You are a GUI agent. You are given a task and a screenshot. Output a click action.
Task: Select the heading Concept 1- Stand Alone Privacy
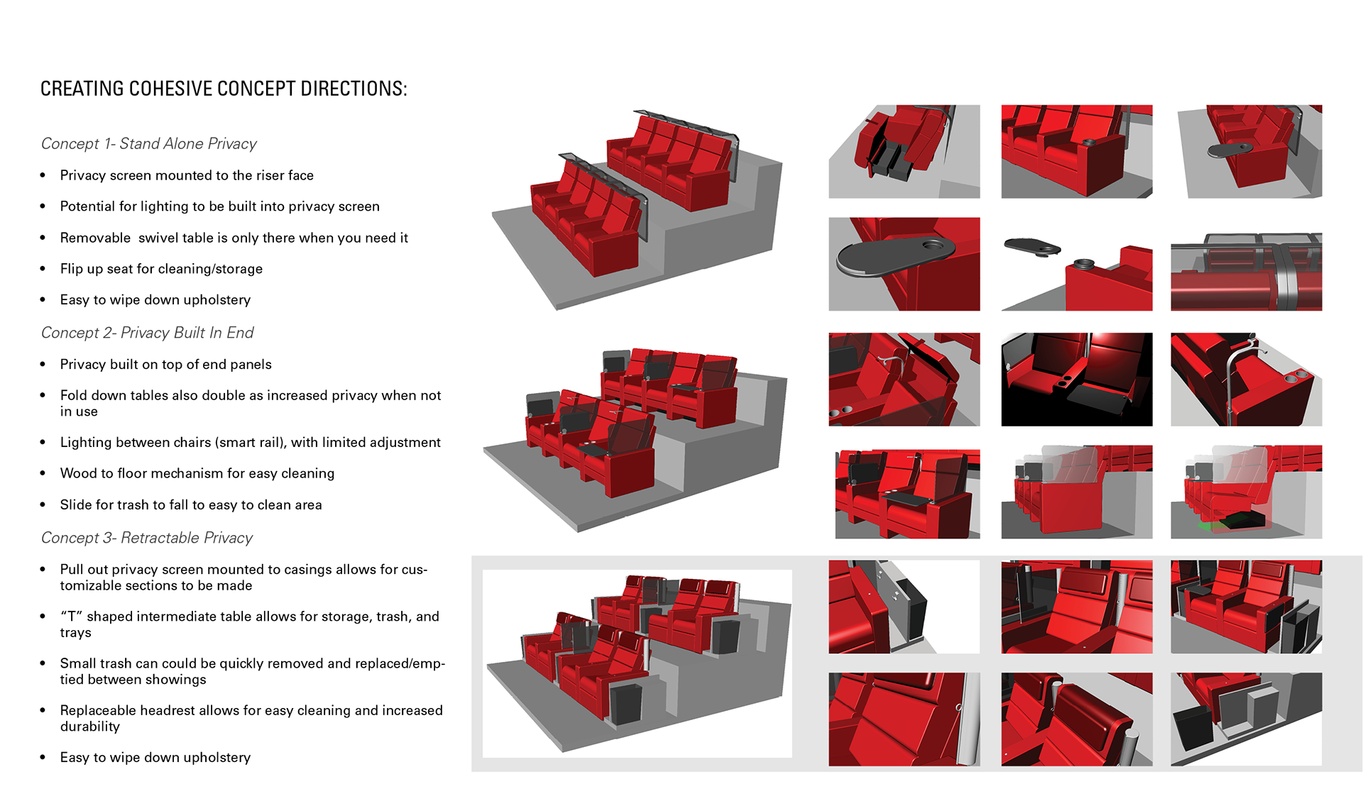pos(148,144)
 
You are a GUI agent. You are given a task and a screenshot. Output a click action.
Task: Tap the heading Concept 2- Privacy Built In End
pos(147,333)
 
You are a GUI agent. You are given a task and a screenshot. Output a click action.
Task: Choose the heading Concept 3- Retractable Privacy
pos(146,538)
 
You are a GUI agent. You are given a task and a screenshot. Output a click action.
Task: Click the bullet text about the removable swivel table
pos(234,238)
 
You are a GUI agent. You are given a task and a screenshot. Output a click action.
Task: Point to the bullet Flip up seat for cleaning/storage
pos(161,269)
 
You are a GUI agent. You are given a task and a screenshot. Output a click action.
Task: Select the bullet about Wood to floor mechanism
pos(197,473)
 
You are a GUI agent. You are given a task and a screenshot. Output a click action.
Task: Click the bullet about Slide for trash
pos(190,504)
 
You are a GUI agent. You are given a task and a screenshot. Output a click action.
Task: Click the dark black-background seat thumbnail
pos(1076,379)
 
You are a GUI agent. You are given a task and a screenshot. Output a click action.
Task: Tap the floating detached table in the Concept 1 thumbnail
pos(1032,247)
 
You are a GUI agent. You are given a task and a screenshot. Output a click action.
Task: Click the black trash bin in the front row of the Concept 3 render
pos(625,702)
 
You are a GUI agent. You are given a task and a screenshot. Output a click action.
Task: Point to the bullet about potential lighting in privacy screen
pos(219,206)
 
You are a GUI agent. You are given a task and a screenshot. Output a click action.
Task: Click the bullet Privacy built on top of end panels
pos(165,364)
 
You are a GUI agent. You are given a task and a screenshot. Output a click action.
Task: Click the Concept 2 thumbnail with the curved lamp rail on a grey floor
pos(1246,379)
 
